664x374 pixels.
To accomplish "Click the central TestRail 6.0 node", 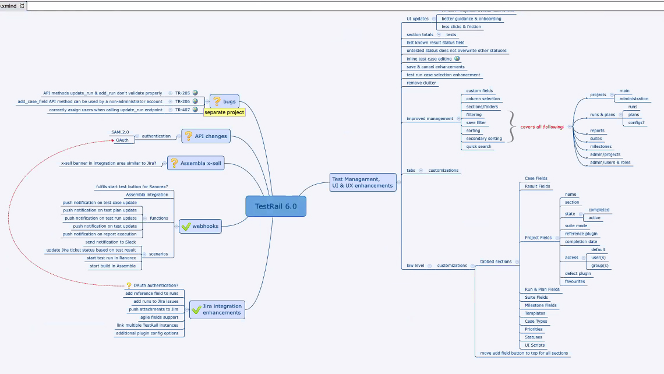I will (276, 206).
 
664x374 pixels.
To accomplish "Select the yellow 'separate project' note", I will (224, 112).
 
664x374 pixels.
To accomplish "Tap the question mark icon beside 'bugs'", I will (216, 101).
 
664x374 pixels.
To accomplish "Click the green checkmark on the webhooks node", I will (186, 226).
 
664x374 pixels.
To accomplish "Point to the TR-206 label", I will (183, 101).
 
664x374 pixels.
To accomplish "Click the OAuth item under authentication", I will (122, 140).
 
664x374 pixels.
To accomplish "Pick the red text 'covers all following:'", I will (542, 126).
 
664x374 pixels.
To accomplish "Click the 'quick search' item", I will (479, 147).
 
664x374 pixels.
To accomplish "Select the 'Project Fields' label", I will (538, 238).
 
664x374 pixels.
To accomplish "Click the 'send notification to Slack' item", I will (110, 242).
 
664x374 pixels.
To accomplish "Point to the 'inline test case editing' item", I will (429, 59).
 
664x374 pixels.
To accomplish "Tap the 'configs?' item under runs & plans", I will (637, 123).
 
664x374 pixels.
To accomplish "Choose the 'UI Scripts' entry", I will (535, 345).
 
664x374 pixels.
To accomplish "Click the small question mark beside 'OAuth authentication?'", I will (129, 285).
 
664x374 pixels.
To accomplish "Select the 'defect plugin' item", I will (578, 273).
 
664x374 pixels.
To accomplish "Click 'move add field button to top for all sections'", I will (524, 353).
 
